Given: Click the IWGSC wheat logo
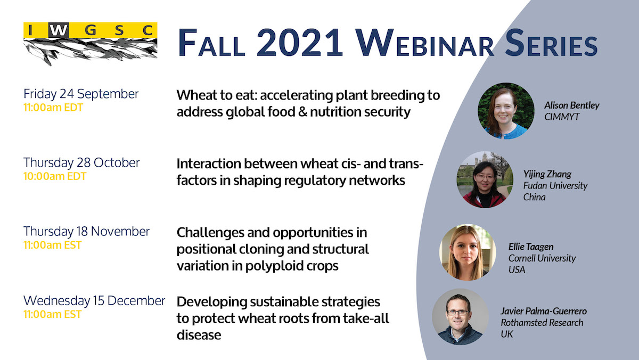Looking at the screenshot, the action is [90, 44].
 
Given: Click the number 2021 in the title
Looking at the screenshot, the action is [299, 43].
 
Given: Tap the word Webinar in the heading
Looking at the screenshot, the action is [425, 43].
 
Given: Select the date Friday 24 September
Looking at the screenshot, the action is [81, 94].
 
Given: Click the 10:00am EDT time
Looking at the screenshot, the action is [55, 176].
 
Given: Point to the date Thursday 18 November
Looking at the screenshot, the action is [86, 231].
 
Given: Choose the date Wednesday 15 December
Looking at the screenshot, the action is [94, 301].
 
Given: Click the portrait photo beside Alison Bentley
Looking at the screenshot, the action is [506, 111].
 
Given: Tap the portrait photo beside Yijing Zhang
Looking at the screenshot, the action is [485, 179].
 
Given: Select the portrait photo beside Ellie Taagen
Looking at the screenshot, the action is [468, 252].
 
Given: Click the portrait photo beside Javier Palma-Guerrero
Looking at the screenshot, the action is [460, 317].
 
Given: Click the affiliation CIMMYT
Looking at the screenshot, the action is [562, 117].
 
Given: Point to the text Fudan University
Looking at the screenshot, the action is [555, 186].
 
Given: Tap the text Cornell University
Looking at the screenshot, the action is [542, 258].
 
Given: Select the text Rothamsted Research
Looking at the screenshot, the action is [542, 323].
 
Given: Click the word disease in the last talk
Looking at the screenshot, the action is [199, 335].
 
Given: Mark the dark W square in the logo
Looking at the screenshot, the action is [59, 30].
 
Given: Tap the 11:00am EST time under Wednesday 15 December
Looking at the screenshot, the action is [53, 314].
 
